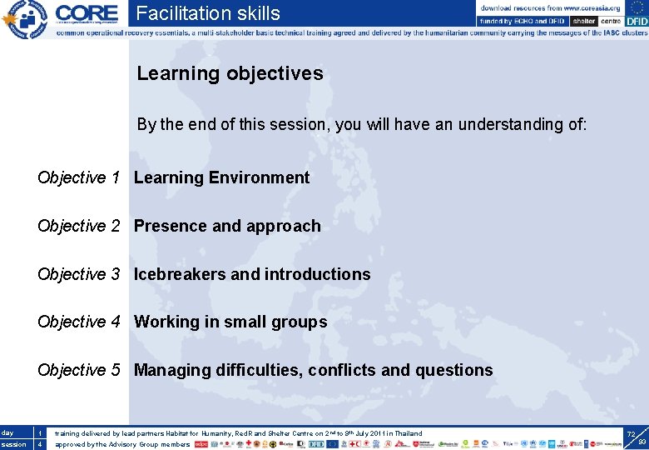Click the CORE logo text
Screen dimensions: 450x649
click(87, 12)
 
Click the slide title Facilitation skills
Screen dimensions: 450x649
click(208, 13)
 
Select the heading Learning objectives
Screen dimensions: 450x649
click(230, 73)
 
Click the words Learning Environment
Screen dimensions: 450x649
click(221, 177)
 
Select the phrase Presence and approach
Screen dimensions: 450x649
click(227, 226)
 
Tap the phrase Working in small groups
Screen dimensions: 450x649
click(230, 322)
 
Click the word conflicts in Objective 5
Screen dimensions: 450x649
click(341, 370)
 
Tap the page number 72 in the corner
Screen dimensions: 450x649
click(631, 434)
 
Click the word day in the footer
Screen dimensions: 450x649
click(7, 433)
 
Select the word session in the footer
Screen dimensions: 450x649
click(13, 444)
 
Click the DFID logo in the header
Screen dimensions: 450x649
click(635, 21)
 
